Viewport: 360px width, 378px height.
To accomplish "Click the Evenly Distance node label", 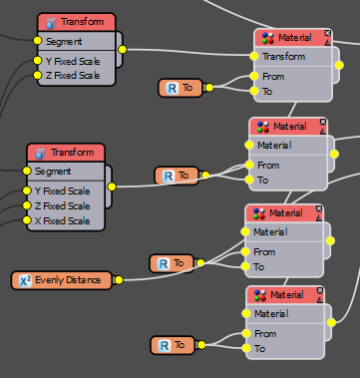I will (x=68, y=280).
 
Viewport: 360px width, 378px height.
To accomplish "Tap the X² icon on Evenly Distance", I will (x=26, y=280).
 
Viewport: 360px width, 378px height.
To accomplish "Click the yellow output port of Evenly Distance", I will (x=117, y=280).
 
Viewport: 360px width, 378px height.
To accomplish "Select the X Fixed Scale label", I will (x=63, y=220).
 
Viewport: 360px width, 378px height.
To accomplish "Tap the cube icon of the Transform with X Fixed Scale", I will (x=41, y=153).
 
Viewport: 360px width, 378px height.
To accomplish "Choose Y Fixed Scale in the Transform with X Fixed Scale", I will (x=63, y=189).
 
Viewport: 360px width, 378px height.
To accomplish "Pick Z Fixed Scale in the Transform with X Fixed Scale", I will (x=63, y=205).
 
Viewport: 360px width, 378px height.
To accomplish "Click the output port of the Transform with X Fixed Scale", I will (x=111, y=185).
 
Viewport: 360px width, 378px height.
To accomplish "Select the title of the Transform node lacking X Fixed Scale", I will (x=83, y=22).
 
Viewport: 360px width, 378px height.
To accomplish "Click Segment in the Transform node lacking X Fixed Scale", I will (x=65, y=42).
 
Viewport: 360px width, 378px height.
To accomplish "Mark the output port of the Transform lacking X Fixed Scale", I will (x=122, y=48).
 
